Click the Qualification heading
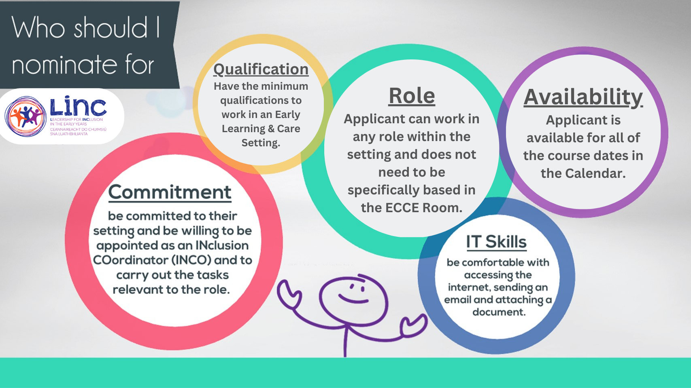261,70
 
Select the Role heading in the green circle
412,96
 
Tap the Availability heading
583,98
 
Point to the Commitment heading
170,192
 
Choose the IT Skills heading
496,242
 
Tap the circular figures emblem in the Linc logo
26,116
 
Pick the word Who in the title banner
38,28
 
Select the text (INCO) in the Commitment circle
191,260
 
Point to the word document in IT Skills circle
499,312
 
